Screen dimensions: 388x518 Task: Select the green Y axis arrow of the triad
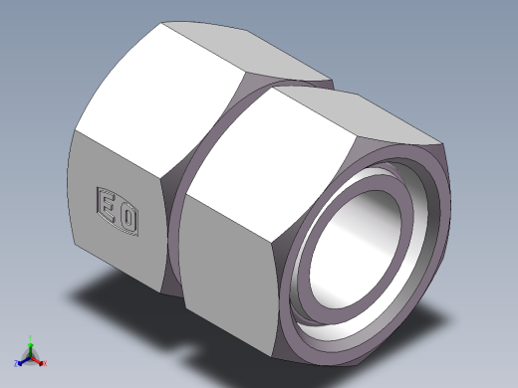click(x=31, y=343)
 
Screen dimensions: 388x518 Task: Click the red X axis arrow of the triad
click(x=39, y=356)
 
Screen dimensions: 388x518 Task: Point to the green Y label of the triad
click(x=31, y=337)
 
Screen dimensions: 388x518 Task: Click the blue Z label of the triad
click(x=17, y=362)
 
